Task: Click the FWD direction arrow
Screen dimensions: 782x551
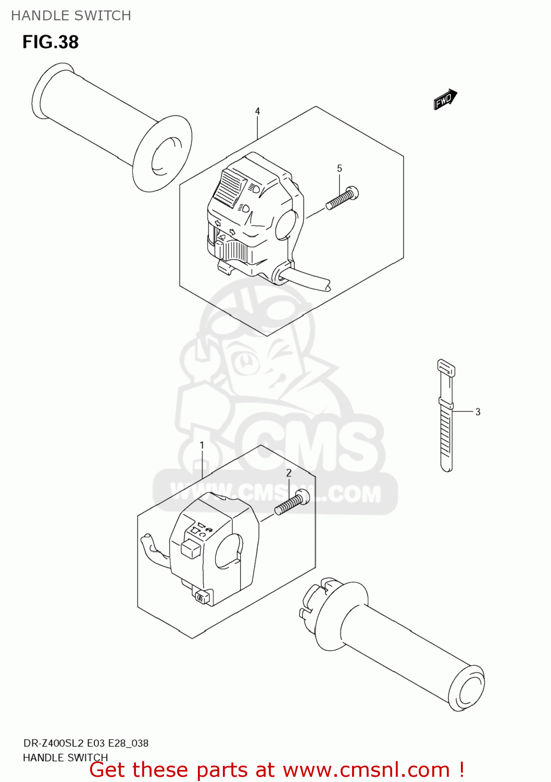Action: pyautogui.click(x=445, y=99)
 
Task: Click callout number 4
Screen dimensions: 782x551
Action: pyautogui.click(x=257, y=111)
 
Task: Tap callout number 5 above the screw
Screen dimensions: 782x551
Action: pyautogui.click(x=340, y=168)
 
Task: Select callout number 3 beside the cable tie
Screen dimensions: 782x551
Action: pyautogui.click(x=478, y=411)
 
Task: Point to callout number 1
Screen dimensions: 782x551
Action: pyautogui.click(x=202, y=445)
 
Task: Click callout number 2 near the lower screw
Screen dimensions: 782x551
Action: pyautogui.click(x=289, y=473)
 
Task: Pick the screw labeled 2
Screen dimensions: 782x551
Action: pyautogui.click(x=292, y=503)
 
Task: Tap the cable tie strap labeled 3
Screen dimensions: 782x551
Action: pyautogui.click(x=446, y=417)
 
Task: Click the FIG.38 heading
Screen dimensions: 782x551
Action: pyautogui.click(x=51, y=42)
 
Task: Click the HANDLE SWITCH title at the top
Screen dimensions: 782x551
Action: pyautogui.click(x=71, y=16)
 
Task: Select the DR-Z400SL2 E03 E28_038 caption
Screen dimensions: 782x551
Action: pyautogui.click(x=86, y=743)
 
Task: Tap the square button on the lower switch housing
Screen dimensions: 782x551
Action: pyautogui.click(x=190, y=548)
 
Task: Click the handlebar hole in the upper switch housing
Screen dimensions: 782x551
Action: pyautogui.click(x=285, y=223)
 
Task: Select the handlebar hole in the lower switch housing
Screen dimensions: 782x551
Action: pyautogui.click(x=227, y=552)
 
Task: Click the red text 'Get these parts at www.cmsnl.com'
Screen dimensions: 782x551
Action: pyautogui.click(x=277, y=769)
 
